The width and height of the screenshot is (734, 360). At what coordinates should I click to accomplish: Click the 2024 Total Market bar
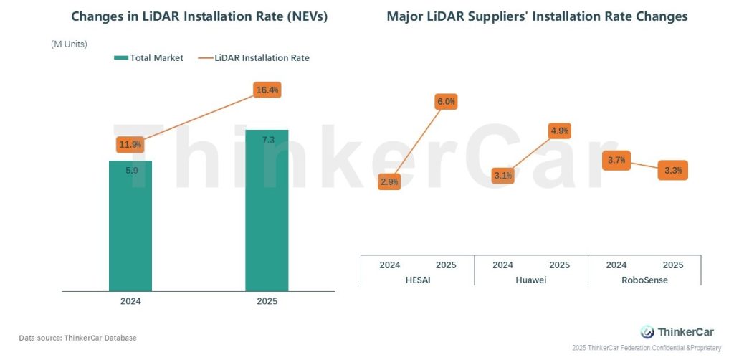point(130,226)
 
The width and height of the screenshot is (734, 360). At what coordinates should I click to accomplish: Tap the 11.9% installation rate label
point(130,144)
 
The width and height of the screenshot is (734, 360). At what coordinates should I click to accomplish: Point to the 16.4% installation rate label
point(267,90)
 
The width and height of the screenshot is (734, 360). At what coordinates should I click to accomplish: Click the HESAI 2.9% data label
point(389,182)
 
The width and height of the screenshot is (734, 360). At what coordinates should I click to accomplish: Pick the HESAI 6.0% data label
point(446,102)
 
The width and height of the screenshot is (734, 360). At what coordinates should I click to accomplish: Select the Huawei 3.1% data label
point(503,175)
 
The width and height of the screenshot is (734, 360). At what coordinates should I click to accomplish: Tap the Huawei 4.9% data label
point(559,131)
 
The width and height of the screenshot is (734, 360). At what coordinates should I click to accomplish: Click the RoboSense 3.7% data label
point(616,160)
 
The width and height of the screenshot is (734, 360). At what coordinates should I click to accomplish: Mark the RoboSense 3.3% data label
point(673,171)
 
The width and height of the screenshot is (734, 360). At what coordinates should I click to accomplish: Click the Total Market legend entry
point(149,57)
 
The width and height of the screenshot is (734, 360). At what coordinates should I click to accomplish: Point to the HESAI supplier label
point(417,280)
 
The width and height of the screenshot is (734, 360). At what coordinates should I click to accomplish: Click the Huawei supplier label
point(530,280)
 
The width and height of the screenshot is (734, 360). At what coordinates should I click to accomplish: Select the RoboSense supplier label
point(644,280)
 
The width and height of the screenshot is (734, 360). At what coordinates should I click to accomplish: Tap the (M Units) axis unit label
point(69,44)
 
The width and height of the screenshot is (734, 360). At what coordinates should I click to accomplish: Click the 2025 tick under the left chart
point(267,302)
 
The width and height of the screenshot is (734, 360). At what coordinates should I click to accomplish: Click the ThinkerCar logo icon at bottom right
point(647,332)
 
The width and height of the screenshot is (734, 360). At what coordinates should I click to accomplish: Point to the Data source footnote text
point(77,337)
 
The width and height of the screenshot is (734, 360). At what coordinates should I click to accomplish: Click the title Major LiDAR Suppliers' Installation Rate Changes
point(537,16)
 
